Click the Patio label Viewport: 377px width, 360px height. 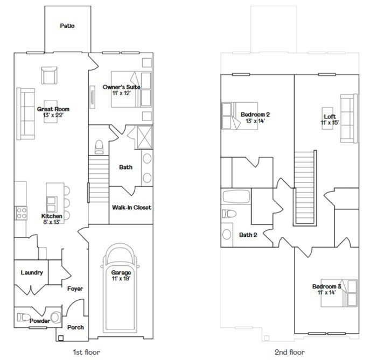tap(67, 25)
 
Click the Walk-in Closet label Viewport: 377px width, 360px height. tap(131, 207)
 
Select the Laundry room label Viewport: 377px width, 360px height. tap(31, 273)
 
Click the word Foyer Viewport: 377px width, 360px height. tap(75, 289)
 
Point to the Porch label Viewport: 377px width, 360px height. tap(75, 327)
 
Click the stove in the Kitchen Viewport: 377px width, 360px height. tap(21, 213)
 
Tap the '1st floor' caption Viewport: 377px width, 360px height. tap(86, 352)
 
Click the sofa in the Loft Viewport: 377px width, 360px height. tap(348, 118)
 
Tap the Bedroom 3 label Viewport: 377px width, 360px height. tap(327, 286)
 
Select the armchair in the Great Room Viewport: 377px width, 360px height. tap(49, 76)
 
